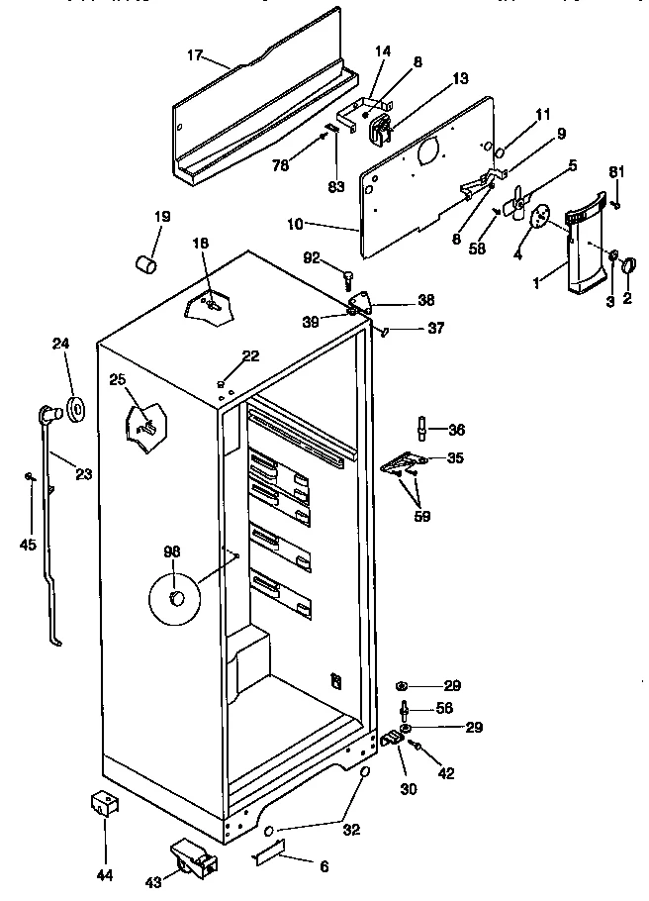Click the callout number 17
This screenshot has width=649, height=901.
(195, 56)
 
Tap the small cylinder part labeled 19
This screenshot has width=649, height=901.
(147, 264)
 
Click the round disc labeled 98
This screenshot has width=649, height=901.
(173, 599)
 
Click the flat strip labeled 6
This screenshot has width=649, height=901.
(269, 850)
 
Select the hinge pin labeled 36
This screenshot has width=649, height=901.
(423, 430)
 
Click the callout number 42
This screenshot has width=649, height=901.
(446, 774)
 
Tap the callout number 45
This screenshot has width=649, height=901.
(29, 545)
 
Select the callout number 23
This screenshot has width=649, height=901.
(83, 473)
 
